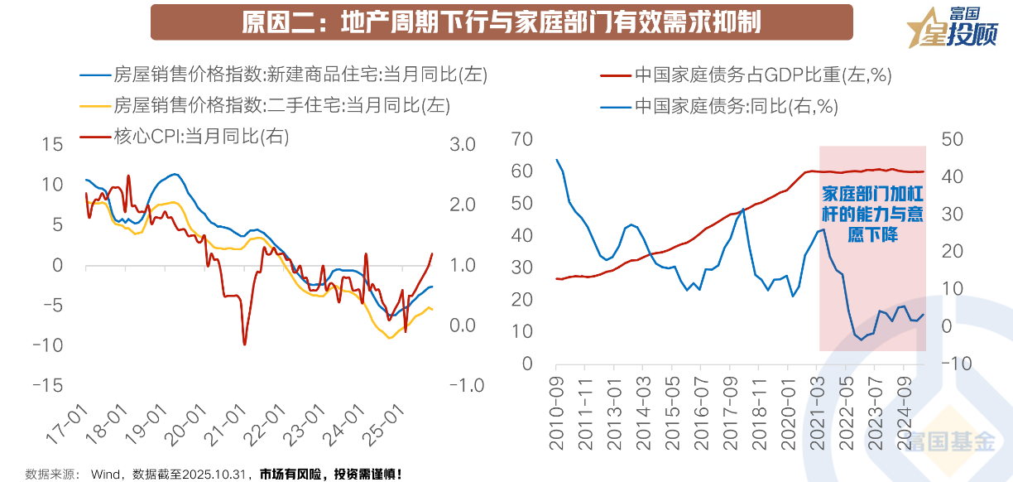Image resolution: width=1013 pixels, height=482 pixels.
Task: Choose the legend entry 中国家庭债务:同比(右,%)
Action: point(737,105)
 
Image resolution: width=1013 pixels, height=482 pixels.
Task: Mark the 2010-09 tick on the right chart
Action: point(558,410)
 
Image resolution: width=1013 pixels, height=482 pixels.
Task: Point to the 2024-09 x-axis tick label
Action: point(904,410)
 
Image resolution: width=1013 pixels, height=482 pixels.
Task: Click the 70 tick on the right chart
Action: point(522,138)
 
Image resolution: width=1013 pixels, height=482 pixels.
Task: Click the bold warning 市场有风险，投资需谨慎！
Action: point(331,475)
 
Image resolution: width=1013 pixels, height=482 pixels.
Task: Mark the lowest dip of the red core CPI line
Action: point(245,344)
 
